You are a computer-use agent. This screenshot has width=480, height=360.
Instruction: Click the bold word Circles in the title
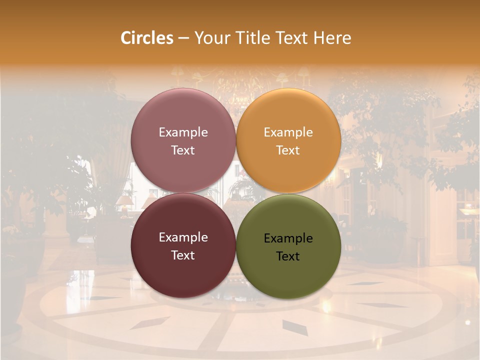coord(147,38)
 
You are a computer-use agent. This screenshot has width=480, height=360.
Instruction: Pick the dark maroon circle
coord(183,270)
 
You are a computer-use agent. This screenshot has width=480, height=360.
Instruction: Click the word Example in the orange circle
coord(288,132)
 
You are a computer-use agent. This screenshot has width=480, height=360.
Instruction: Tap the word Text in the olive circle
coord(288,256)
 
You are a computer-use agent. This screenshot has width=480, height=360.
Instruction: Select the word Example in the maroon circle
coord(183,237)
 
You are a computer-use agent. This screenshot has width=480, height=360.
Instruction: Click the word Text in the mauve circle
coord(183,150)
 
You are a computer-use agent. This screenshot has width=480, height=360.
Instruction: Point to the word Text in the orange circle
coord(288,150)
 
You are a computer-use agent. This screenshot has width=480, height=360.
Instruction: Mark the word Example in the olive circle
coord(288,238)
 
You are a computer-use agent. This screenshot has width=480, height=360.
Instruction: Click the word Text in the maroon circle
coord(183,255)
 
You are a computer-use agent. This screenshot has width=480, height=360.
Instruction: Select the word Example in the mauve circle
coord(183,132)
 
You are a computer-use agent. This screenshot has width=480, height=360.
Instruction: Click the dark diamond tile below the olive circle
coord(295,327)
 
